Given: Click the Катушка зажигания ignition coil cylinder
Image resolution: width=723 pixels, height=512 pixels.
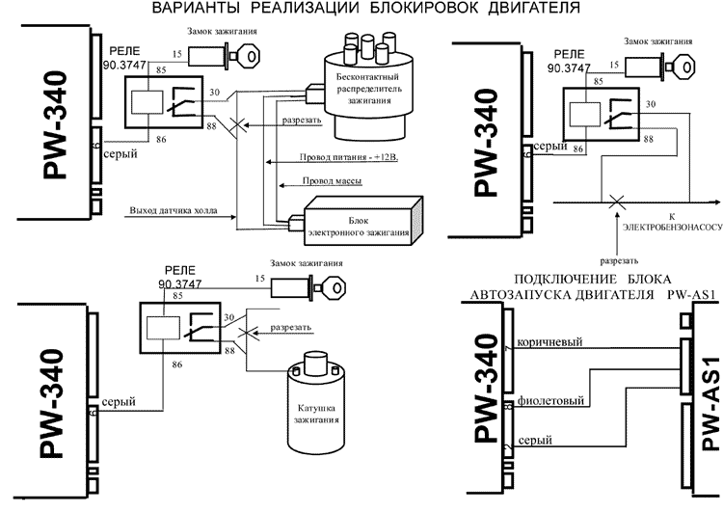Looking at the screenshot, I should pos(314,405).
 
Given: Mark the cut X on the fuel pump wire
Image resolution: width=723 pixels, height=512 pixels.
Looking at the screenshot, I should pos(614,202).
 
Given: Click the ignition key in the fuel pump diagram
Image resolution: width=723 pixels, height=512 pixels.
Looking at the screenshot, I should pos(675,65).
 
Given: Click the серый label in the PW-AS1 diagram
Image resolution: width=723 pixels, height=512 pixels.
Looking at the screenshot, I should pos(534,441).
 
